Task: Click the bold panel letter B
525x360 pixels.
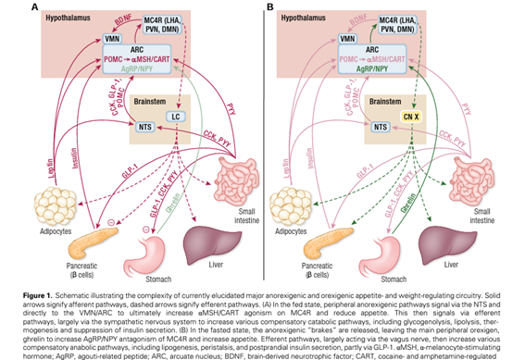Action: (270, 7)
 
